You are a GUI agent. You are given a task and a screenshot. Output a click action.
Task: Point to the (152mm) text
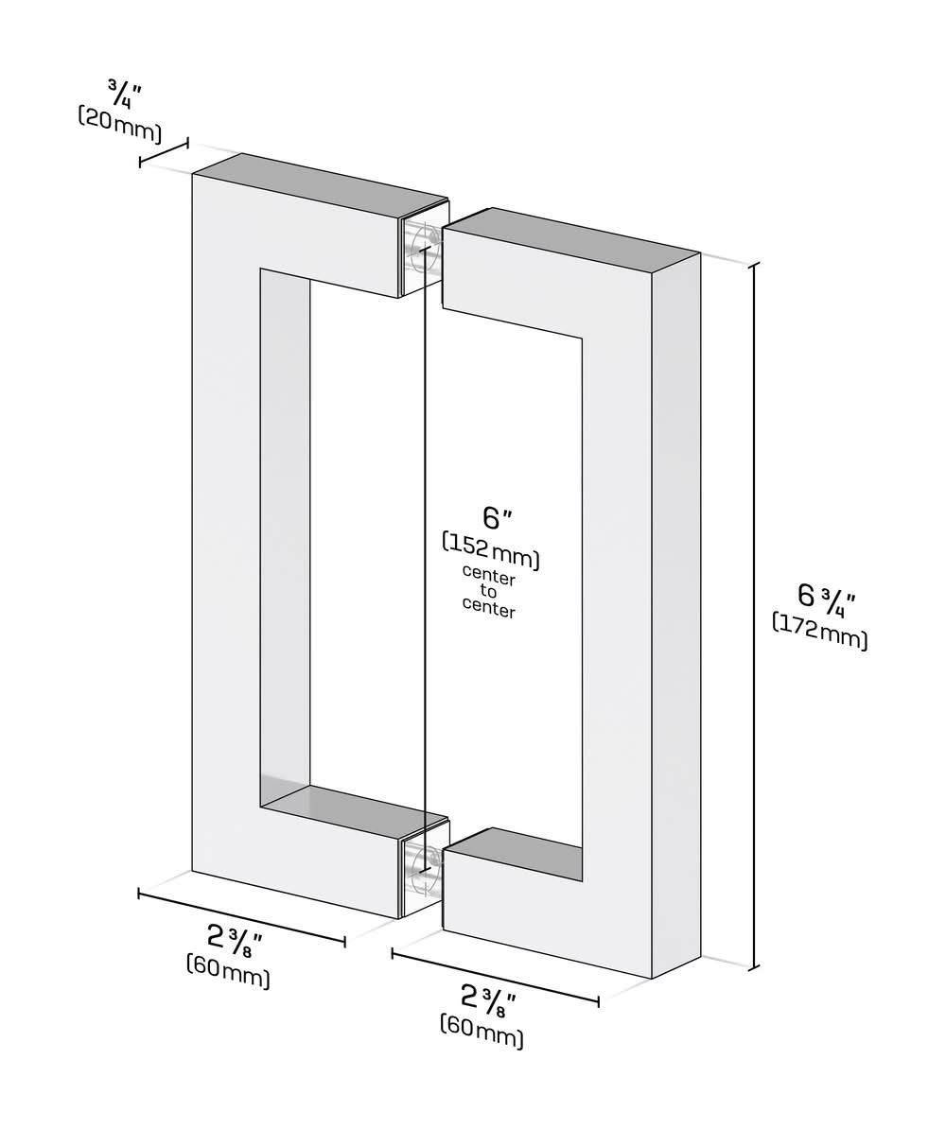(491, 552)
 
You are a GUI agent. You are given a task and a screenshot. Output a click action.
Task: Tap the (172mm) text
(820, 631)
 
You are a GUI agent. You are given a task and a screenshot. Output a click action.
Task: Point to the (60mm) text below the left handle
(228, 971)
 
